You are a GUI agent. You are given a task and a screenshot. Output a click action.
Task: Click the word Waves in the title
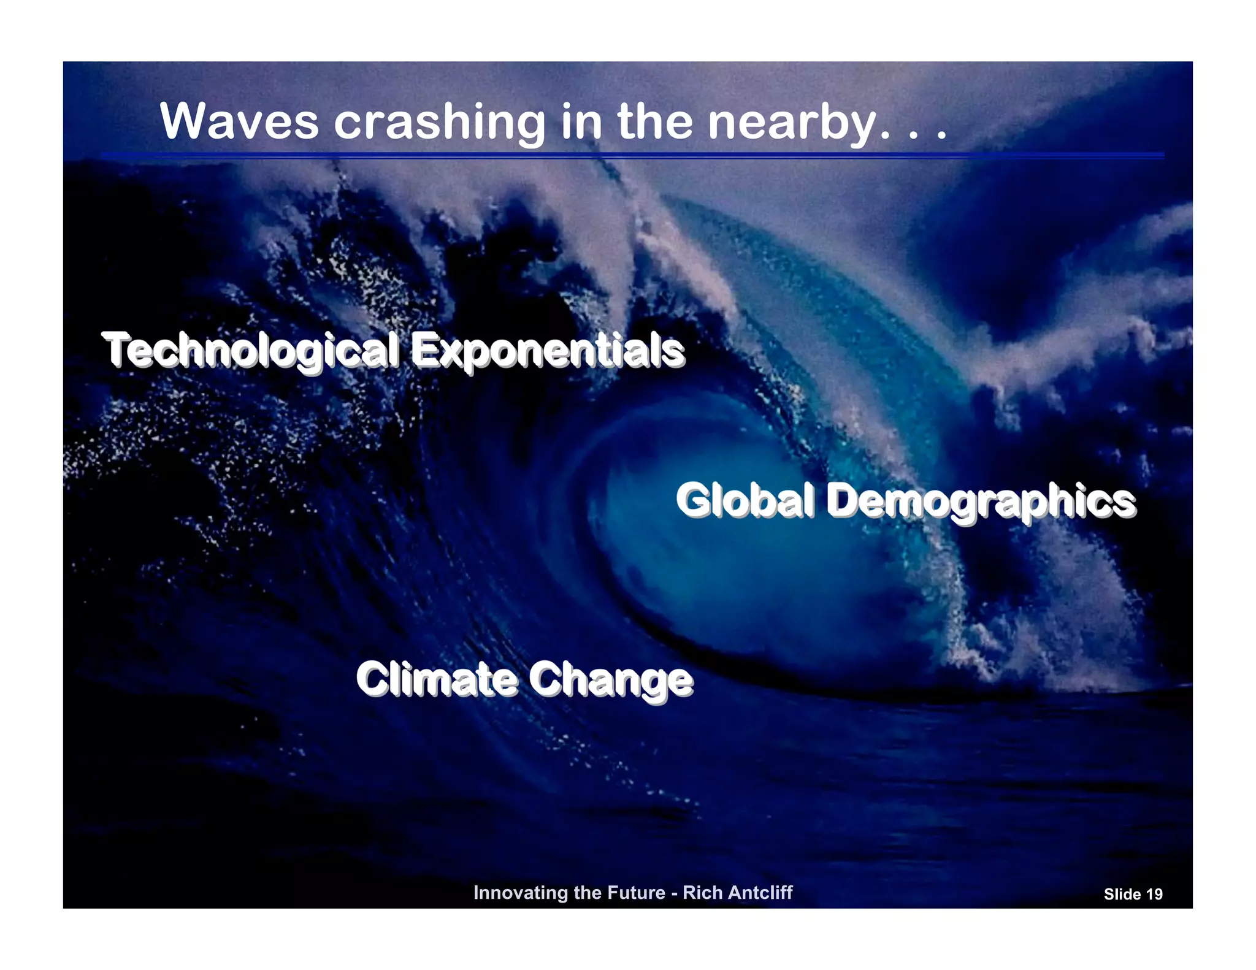click(239, 121)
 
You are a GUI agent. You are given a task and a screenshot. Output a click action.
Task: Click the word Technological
click(250, 351)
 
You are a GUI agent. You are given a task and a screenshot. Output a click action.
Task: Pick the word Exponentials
click(547, 351)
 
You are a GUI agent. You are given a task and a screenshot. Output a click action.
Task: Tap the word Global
click(745, 500)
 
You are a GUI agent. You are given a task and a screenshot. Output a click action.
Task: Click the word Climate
click(437, 679)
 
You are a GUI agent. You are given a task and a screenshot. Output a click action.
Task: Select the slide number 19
click(1154, 895)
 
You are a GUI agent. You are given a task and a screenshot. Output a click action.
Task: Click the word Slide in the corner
click(1122, 895)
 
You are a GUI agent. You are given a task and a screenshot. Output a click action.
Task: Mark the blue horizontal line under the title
click(632, 156)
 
